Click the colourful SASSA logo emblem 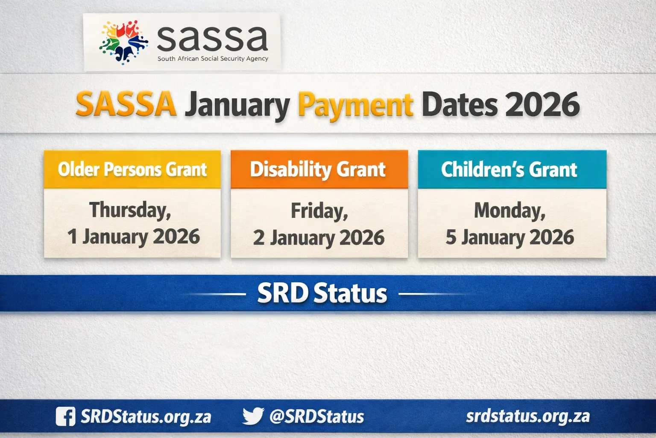[x=123, y=42]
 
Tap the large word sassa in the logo [x=212, y=38]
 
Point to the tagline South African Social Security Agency [x=213, y=59]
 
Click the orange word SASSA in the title [x=126, y=104]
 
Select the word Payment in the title [x=355, y=105]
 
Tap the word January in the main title [x=237, y=105]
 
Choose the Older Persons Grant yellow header [x=132, y=169]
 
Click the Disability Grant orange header [x=318, y=169]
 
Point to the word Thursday [x=130, y=210]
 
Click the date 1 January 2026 [x=134, y=237]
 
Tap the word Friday [x=319, y=211]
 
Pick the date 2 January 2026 [x=319, y=238]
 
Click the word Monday [x=510, y=210]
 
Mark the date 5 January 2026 [x=510, y=237]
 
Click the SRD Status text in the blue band [x=322, y=293]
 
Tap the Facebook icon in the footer [x=65, y=416]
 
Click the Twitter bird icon [x=253, y=416]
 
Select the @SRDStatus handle [x=316, y=416]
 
